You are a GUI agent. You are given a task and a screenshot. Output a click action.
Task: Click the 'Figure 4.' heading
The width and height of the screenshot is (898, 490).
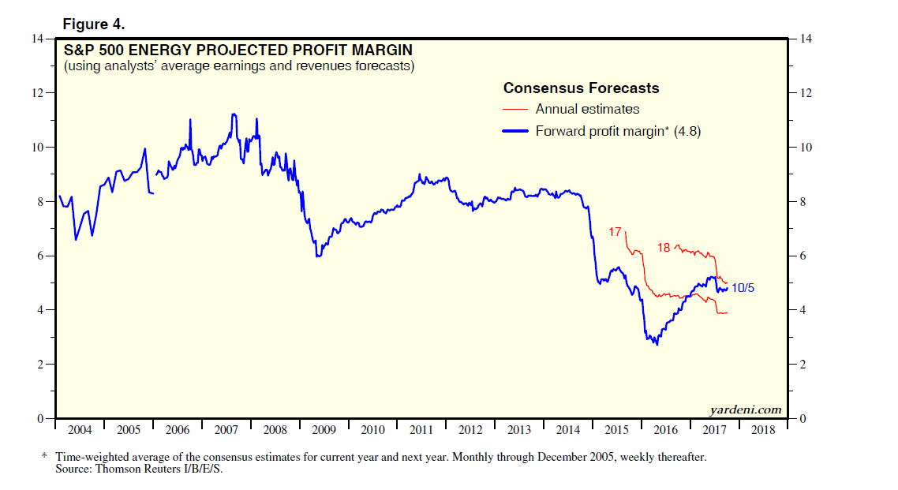coord(93,24)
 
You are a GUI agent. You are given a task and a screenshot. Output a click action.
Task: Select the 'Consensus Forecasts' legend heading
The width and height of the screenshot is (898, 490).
coord(581,88)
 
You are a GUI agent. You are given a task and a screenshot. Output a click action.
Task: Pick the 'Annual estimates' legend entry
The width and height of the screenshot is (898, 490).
coord(587,109)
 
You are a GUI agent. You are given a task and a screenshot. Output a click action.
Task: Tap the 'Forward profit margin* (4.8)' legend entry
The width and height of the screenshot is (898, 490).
coord(618,131)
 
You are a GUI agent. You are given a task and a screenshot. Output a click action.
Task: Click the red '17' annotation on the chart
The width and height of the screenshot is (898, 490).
coord(616,232)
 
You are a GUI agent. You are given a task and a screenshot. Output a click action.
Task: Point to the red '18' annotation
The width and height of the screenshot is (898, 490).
coord(664,247)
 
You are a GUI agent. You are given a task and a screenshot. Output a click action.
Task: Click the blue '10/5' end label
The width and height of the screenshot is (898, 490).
coord(743,287)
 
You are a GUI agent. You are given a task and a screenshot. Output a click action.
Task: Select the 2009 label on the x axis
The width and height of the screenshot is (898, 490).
coord(324,430)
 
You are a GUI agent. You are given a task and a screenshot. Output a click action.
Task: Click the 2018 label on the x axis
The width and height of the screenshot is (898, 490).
coord(763,430)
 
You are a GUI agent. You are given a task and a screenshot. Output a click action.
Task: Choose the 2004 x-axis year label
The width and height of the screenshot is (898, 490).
coord(80,430)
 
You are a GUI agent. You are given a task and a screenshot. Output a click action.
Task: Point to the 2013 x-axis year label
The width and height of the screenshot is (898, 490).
coord(519,430)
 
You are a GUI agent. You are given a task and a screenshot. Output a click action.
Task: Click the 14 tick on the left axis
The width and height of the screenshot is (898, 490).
coord(37,39)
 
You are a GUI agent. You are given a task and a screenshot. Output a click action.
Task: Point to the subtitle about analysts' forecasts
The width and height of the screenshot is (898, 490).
coord(239,66)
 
